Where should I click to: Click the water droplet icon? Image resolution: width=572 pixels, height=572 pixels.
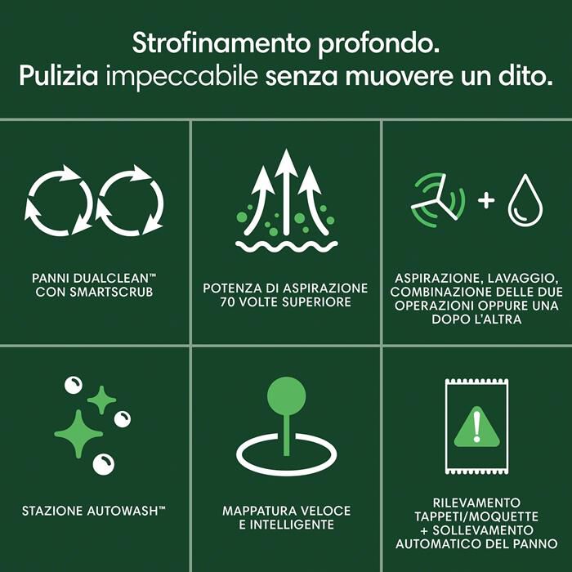click(x=525, y=200)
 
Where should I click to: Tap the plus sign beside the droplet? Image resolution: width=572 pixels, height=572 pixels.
click(x=486, y=200)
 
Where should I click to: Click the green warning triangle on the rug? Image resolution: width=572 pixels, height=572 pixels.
click(x=476, y=427)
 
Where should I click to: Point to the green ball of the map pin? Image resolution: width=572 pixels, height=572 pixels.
click(x=286, y=395)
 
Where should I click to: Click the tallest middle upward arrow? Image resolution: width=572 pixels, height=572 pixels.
click(x=286, y=191)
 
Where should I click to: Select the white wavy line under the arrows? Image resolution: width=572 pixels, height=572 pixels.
click(x=286, y=246)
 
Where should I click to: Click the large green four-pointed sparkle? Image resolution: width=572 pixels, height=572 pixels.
click(x=78, y=434)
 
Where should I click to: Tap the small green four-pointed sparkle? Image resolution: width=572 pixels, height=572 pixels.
click(x=101, y=400)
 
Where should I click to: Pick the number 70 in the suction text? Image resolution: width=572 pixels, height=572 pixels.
click(x=226, y=302)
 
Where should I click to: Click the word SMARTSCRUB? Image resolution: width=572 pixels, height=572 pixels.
click(x=111, y=293)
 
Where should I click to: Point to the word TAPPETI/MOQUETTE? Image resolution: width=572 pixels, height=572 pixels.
click(x=476, y=516)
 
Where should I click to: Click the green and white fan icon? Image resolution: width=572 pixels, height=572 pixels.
click(x=438, y=200)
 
